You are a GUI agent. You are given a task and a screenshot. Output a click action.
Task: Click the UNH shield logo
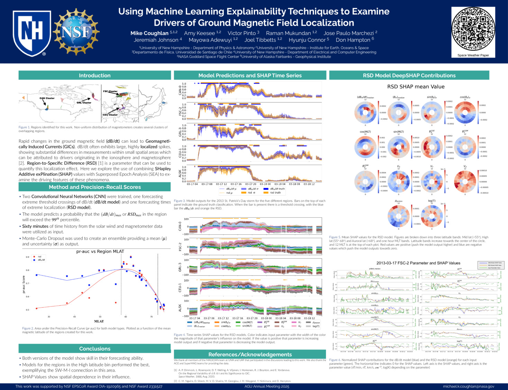pyautogui.click(x=31, y=33)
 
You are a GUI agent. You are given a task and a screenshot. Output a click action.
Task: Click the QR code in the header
pyautogui.click(x=473, y=29)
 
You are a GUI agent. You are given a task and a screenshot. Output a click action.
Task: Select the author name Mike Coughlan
pyautogui.click(x=149, y=33)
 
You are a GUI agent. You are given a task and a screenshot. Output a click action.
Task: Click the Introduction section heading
pyautogui.click(x=94, y=76)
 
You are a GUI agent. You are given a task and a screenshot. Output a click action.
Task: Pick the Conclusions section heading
pyautogui.click(x=94, y=349)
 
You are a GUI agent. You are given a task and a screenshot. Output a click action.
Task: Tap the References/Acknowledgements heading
pyautogui.click(x=250, y=354)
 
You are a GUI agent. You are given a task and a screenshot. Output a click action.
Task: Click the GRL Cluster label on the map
pyautogui.click(x=84, y=103)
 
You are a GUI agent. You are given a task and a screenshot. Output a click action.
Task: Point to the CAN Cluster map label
pyautogui.click(x=47, y=98)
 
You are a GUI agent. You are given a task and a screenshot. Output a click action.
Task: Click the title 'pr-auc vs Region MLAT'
pyautogui.click(x=100, y=251)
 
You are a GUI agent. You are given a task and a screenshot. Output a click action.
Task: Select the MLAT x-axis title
pyautogui.click(x=99, y=321)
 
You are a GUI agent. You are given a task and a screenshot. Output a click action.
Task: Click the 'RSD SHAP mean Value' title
pyautogui.click(x=416, y=87)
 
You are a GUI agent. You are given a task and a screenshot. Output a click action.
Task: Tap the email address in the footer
pyautogui.click(x=469, y=386)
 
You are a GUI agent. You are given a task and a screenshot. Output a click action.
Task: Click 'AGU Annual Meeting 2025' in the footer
pyautogui.click(x=266, y=386)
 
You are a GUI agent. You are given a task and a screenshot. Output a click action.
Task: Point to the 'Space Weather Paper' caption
pyautogui.click(x=473, y=55)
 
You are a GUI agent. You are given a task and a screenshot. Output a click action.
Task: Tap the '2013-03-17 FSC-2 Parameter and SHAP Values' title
pyautogui.click(x=418, y=263)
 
